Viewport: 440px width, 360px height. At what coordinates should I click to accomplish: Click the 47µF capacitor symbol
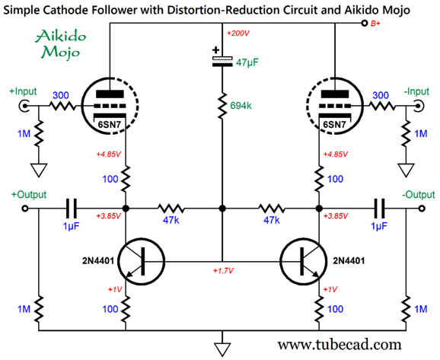pos(222,61)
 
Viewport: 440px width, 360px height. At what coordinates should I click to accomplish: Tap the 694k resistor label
pos(241,106)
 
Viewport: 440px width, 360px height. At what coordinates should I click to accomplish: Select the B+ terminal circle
pos(364,24)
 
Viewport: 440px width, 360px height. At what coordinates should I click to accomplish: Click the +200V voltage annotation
pos(238,33)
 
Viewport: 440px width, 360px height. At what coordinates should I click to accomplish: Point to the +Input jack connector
pos(24,106)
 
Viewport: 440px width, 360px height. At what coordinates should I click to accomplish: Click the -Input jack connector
pos(419,106)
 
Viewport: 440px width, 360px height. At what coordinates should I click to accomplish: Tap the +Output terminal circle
pos(25,209)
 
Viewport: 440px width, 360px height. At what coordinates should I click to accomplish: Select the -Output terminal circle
pos(422,209)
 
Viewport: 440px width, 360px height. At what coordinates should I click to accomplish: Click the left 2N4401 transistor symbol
pos(141,262)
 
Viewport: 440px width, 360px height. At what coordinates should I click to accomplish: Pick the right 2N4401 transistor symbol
pos(303,262)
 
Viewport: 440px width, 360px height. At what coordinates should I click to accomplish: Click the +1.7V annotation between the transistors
pos(223,271)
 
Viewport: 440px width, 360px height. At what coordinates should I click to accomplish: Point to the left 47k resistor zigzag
pos(171,209)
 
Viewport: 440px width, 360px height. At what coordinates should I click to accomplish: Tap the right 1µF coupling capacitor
pos(379,209)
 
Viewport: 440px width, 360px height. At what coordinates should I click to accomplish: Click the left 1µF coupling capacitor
pos(71,209)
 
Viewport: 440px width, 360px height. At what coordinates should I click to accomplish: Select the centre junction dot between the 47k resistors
pos(222,209)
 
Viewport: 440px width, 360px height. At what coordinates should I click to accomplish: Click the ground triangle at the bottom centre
pos(222,349)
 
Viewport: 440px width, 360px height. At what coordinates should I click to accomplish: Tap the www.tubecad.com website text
pos(340,344)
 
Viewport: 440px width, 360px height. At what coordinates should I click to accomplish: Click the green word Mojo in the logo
pos(61,53)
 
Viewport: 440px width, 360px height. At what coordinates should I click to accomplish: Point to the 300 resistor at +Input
pos(62,106)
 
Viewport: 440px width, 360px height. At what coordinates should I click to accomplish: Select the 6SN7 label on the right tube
pos(334,124)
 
